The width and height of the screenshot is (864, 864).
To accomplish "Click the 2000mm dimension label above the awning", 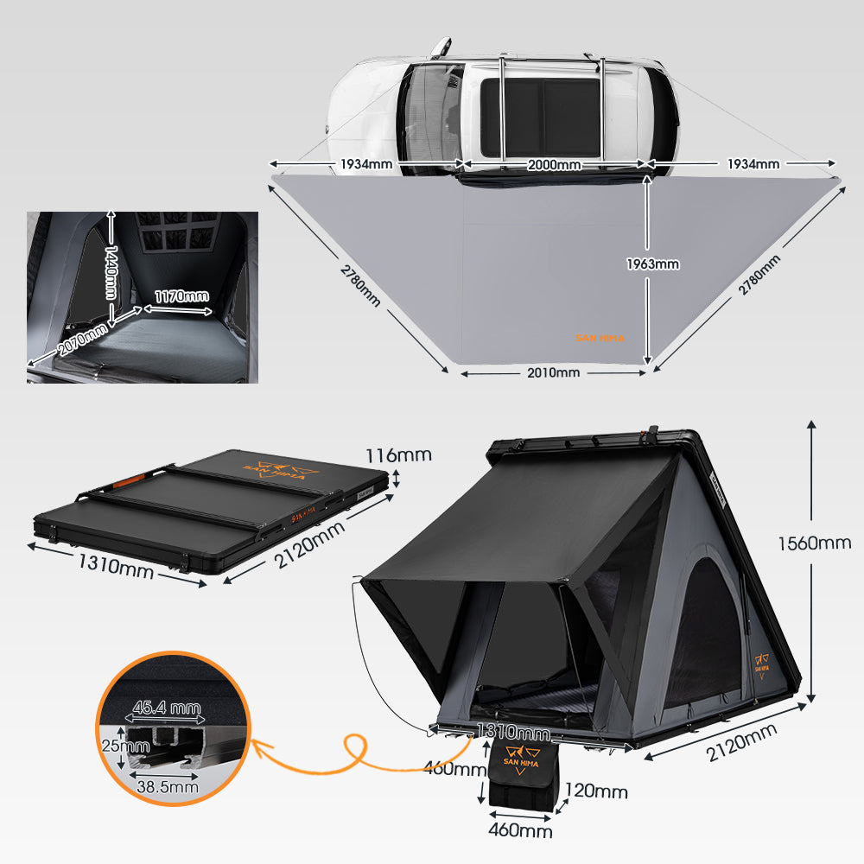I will pyautogui.click(x=556, y=164).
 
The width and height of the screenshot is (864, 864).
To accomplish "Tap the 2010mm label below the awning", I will pyautogui.click(x=553, y=372).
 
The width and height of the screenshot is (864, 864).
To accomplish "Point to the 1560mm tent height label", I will pyautogui.click(x=814, y=543).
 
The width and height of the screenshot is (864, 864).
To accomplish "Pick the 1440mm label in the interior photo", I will pyautogui.click(x=111, y=270).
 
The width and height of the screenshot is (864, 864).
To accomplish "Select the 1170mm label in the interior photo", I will pyautogui.click(x=181, y=296).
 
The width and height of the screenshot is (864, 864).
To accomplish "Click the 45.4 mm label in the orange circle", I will pyautogui.click(x=166, y=708).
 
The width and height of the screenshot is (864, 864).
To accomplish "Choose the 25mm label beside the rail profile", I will pyautogui.click(x=112, y=745).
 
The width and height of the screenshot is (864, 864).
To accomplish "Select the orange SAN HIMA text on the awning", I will pyautogui.click(x=600, y=339).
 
